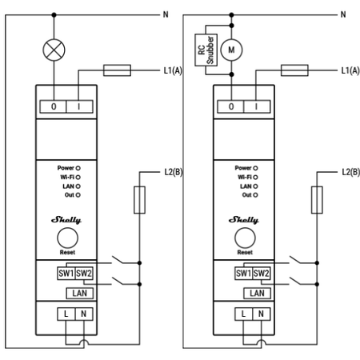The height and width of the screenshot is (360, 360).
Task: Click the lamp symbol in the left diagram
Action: (x=54, y=50)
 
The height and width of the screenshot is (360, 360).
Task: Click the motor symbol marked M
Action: (x=231, y=50)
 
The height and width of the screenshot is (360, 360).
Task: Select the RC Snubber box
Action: (x=206, y=50)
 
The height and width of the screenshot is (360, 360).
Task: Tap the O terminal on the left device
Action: (x=53, y=106)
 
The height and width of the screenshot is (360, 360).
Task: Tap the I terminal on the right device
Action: (x=257, y=106)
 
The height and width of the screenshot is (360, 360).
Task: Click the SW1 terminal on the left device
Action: (x=66, y=274)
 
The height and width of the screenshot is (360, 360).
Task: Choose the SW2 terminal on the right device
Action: (x=262, y=274)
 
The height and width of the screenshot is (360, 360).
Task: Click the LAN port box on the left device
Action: (x=80, y=294)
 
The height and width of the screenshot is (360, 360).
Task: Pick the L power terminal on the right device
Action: (x=243, y=314)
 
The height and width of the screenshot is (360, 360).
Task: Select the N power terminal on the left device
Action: (x=84, y=314)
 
